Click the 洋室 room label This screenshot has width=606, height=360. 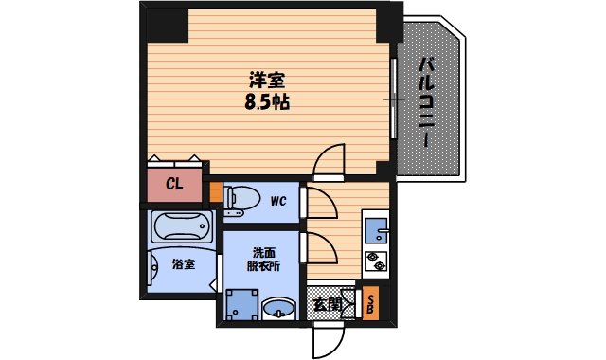coord(267,81)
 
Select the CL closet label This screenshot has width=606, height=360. coord(174,184)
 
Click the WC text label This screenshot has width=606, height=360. coord(277,201)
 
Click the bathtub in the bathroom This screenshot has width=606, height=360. coord(183,227)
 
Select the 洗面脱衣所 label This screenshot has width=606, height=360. coord(266,260)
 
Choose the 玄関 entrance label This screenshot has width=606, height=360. coord(328,304)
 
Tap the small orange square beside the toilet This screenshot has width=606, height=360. coord(216,196)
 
